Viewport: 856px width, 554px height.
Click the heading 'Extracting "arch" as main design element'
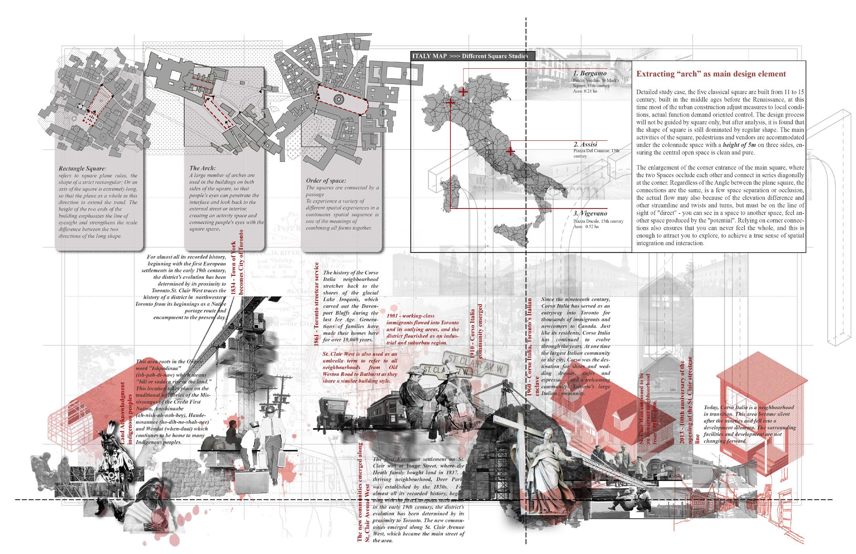711,74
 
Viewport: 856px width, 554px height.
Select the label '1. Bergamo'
590,73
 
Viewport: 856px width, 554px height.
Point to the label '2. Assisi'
586,144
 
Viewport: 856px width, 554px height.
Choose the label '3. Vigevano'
590,213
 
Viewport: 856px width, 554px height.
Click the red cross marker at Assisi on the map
511,151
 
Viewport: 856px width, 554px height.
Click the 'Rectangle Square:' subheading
82,169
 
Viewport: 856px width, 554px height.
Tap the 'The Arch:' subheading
203,168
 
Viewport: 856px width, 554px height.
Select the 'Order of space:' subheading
326,181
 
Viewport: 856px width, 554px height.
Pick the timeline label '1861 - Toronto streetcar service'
316,303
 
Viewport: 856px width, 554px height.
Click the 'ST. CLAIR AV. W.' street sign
475,364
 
